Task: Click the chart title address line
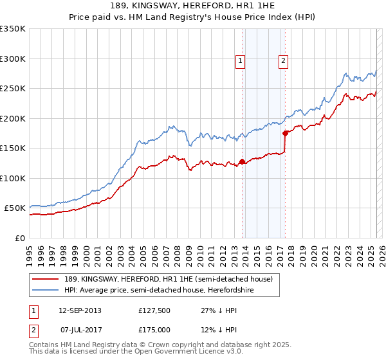tap(193, 6)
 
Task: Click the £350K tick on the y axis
tap(13, 29)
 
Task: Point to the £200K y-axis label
tap(13, 118)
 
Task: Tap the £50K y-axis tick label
tap(15, 208)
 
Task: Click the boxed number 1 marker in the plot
tap(239, 61)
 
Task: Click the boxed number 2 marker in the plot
tap(283, 61)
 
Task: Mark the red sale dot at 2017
tap(285, 134)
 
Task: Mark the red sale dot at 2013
tap(242, 161)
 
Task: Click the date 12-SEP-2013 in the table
tap(80, 310)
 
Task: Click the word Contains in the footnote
tap(44, 345)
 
